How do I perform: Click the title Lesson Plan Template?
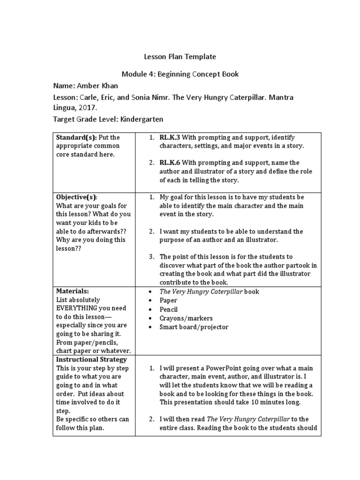tap(180, 57)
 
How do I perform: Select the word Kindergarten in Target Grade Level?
tap(142, 119)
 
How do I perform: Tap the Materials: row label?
tap(72, 291)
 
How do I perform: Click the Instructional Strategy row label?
tap(91, 360)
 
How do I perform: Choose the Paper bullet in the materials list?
tap(169, 300)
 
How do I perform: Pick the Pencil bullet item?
tap(170, 309)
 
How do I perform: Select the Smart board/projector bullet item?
tap(194, 327)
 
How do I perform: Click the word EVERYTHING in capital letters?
tap(77, 308)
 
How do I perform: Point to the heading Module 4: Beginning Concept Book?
tap(180, 74)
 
